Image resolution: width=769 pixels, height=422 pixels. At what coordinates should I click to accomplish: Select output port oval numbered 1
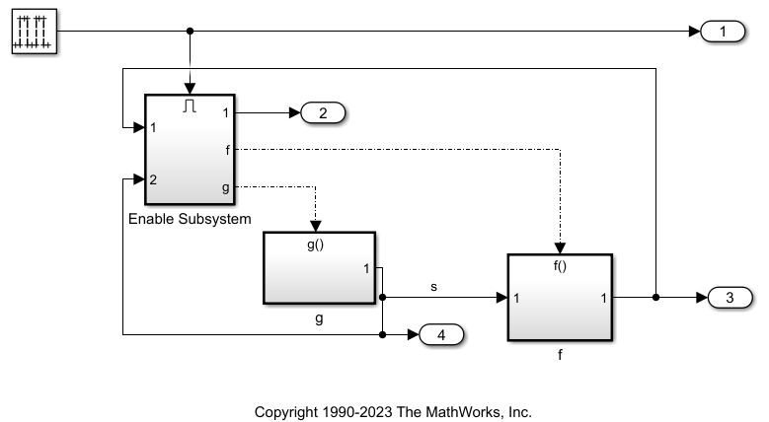point(725,32)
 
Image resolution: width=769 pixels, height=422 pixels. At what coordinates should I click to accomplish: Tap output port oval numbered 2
point(322,113)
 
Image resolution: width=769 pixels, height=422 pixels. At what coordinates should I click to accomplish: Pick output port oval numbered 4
point(441,335)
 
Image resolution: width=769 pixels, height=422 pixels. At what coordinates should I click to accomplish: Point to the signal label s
point(434,286)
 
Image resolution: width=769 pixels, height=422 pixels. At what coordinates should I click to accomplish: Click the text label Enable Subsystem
point(191,218)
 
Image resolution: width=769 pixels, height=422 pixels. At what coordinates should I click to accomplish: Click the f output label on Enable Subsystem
point(229,150)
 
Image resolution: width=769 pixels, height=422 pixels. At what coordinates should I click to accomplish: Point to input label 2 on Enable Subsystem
point(154,179)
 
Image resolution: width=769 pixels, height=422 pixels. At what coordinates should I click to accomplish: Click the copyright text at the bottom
point(393,411)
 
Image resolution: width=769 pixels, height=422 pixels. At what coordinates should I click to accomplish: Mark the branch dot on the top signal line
point(191,32)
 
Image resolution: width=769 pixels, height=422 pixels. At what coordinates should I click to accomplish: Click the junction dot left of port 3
point(655,297)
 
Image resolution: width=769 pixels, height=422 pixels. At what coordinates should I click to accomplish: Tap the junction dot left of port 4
point(382,335)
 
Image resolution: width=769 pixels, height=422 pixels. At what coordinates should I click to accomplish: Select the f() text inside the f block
point(560,265)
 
